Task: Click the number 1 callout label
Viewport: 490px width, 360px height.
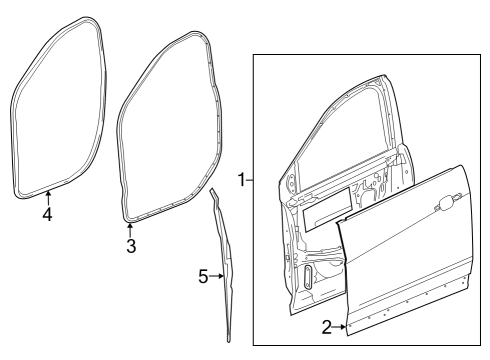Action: [241, 180]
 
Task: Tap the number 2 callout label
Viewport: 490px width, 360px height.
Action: [326, 327]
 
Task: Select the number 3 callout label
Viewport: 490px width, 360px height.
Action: [131, 246]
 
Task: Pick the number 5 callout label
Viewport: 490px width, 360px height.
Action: [203, 276]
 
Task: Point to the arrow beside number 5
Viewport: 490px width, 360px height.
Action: [217, 276]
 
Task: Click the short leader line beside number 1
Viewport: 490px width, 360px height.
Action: [251, 180]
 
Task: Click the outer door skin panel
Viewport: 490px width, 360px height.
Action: [410, 260]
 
